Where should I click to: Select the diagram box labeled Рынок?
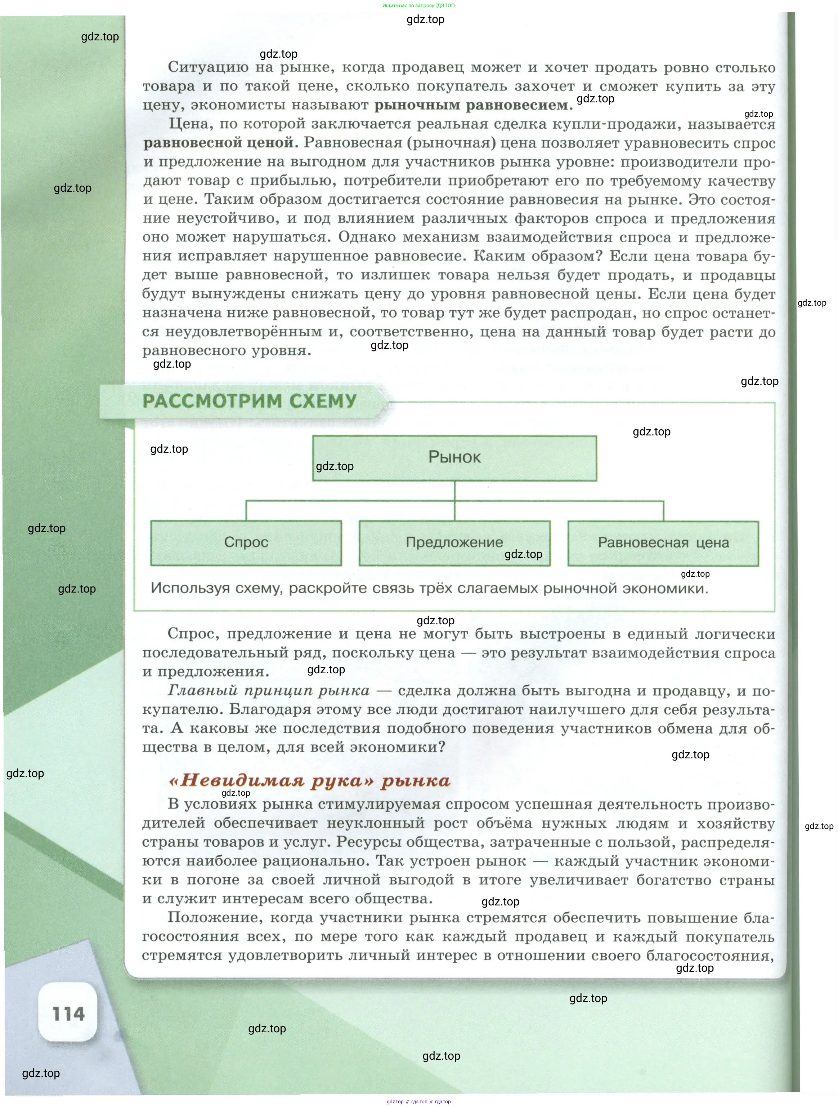454,457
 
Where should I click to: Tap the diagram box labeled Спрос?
246,542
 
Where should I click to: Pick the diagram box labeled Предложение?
454,542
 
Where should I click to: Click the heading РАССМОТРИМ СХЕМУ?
249,401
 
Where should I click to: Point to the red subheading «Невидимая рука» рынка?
309,780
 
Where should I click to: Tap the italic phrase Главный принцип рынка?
269,690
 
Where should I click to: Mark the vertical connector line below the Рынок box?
454,491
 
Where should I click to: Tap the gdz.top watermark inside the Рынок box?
335,466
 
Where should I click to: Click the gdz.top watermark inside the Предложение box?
523,554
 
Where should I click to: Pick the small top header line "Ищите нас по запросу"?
418,5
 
